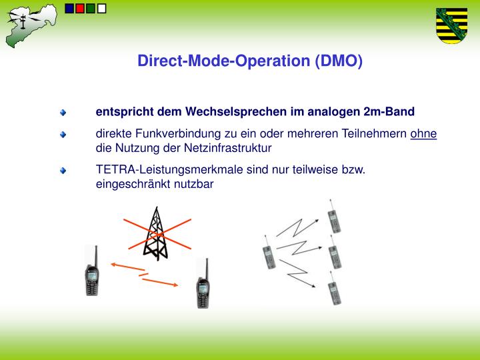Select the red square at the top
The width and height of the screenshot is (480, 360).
81,9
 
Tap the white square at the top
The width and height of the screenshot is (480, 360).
101,9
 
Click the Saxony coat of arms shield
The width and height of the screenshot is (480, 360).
451,25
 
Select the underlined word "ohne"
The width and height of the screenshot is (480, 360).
423,134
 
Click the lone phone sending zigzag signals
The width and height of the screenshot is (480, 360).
267,254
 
